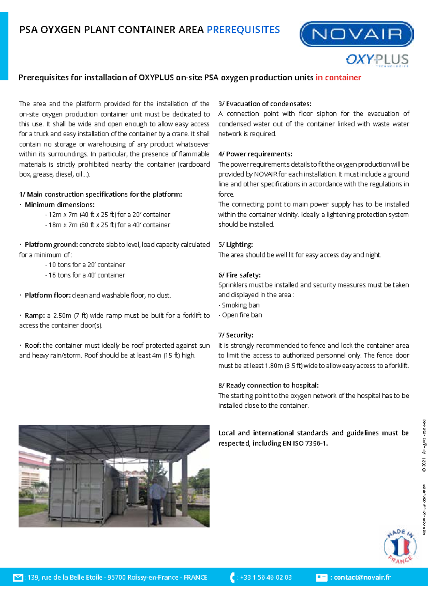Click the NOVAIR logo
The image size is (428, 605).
pyautogui.click(x=357, y=34)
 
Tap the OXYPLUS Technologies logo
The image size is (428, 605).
pyautogui.click(x=377, y=60)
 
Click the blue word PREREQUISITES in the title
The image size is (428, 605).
pyautogui.click(x=243, y=30)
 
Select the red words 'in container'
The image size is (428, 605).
pyautogui.click(x=338, y=77)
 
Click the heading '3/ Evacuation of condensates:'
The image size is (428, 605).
pyautogui.click(x=265, y=104)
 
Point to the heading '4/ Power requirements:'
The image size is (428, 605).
pyautogui.click(x=255, y=154)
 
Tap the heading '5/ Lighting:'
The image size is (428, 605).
pyautogui.click(x=235, y=245)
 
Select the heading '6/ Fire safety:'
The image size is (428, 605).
pyautogui.click(x=239, y=275)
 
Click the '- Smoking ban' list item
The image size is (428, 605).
pyautogui.click(x=239, y=305)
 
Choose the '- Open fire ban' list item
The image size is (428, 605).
pyautogui.click(x=240, y=315)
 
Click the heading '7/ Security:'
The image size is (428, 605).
pyautogui.click(x=236, y=335)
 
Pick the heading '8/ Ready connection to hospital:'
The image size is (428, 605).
pyautogui.click(x=268, y=386)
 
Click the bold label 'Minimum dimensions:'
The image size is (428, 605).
pyautogui.click(x=60, y=205)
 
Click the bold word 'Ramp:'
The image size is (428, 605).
pyautogui.click(x=35, y=316)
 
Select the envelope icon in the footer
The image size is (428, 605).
pyautogui.click(x=18, y=578)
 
